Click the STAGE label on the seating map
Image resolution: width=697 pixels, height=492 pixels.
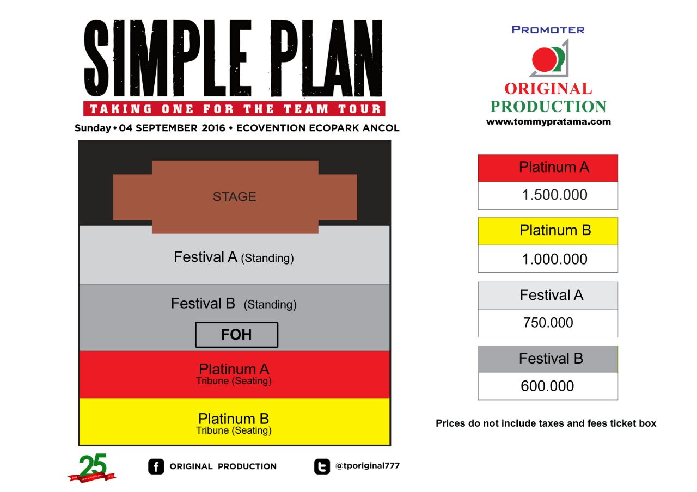pyautogui.click(x=234, y=196)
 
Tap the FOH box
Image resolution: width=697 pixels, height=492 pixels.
pyautogui.click(x=236, y=335)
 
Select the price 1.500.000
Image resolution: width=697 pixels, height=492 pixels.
pyautogui.click(x=554, y=195)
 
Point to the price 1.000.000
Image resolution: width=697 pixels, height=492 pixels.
pyautogui.click(x=554, y=259)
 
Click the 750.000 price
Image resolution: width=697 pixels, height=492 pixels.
pyautogui.click(x=548, y=323)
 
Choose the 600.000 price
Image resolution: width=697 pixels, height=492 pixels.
pyautogui.click(x=547, y=386)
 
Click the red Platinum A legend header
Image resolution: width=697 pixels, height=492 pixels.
pyautogui.click(x=548, y=168)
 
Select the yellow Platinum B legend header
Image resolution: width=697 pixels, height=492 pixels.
pyautogui.click(x=548, y=231)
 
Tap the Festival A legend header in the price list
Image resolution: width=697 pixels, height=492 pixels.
pyautogui.click(x=548, y=296)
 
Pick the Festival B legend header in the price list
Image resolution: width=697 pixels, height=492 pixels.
pyautogui.click(x=548, y=359)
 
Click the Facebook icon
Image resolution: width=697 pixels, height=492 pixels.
pyautogui.click(x=156, y=466)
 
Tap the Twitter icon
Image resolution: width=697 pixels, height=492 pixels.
pyautogui.click(x=322, y=467)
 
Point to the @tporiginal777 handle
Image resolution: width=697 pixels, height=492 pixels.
pyautogui.click(x=368, y=465)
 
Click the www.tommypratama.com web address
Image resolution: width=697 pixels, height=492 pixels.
pyautogui.click(x=548, y=121)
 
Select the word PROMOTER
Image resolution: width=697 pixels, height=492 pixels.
pyautogui.click(x=548, y=30)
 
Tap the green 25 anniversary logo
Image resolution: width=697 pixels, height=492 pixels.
pyautogui.click(x=93, y=468)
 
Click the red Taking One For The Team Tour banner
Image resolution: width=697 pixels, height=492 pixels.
pyautogui.click(x=234, y=109)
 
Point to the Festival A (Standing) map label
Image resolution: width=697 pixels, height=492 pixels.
pyautogui.click(x=234, y=257)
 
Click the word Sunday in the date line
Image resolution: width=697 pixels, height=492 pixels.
pyautogui.click(x=93, y=128)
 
